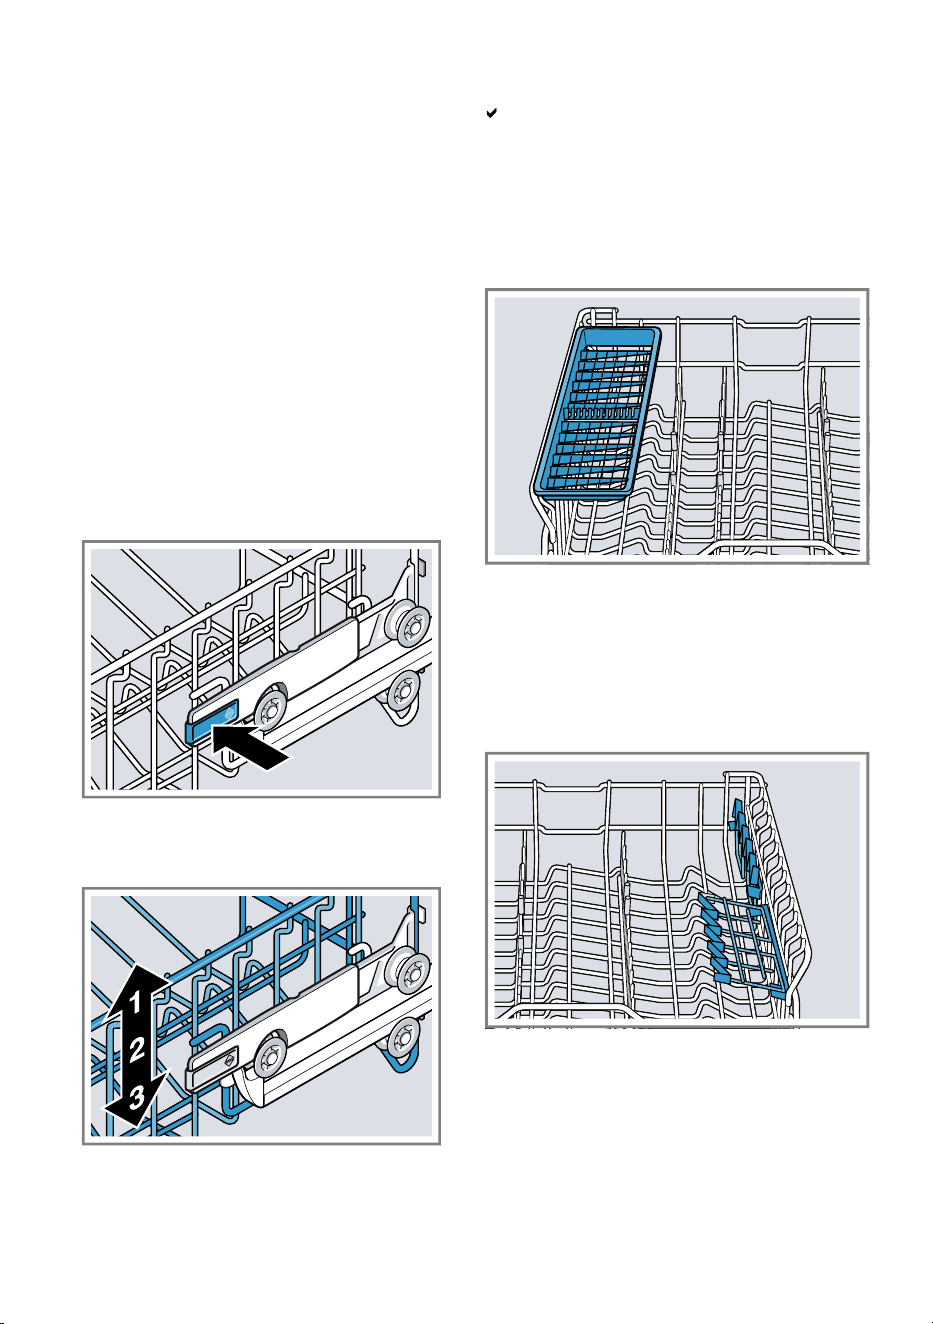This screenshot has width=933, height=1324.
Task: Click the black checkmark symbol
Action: pyautogui.click(x=491, y=112)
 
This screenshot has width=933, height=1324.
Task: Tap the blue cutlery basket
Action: pyautogui.click(x=596, y=410)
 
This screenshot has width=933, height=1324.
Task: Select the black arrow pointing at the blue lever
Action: pyautogui.click(x=250, y=747)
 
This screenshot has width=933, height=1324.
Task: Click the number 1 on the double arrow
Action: pyautogui.click(x=135, y=1002)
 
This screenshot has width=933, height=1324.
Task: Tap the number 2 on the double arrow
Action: pyautogui.click(x=137, y=1049)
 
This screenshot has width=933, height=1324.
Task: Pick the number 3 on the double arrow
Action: pyautogui.click(x=136, y=1097)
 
